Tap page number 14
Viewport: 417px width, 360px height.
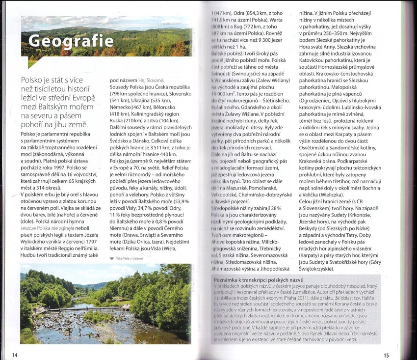click(x=15, y=355)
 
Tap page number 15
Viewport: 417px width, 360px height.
click(x=386, y=355)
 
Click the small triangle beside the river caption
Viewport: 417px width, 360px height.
click(x=112, y=258)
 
